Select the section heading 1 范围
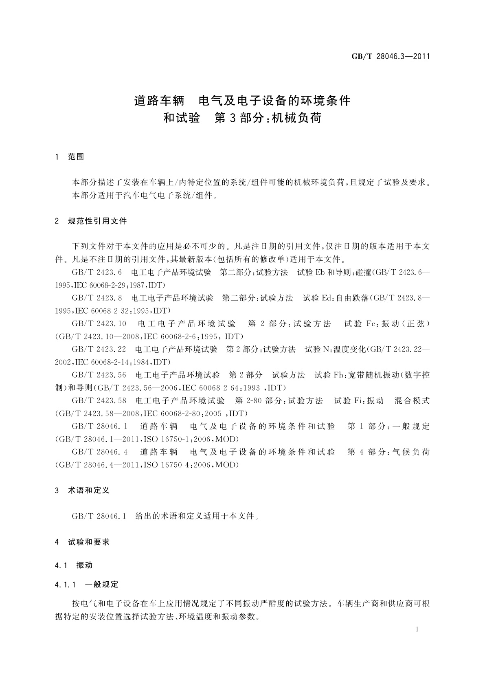70,157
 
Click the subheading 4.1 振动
74,565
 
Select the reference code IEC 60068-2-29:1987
110,285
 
